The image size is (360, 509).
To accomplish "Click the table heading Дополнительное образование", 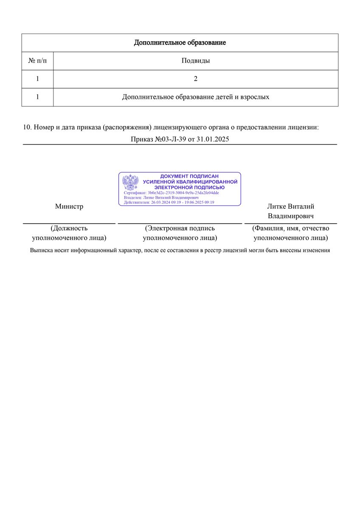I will pos(180,42).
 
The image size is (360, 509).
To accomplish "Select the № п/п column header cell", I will pos(37,61).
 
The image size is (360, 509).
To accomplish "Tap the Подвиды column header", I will pos(196,61).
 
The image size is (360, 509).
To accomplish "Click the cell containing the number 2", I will pos(196,79).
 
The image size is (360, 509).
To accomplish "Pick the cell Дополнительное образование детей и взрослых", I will pos(196,97).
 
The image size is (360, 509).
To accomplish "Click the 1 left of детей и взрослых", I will pos(37,97).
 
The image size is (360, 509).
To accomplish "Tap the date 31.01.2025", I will pos(213,139).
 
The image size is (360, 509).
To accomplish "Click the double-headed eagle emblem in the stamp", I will pos(131,182).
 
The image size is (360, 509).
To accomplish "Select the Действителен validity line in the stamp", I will pos(169,202).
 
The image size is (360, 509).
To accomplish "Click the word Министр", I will pos(69,207).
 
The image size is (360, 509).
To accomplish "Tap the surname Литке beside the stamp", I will pos(276,207).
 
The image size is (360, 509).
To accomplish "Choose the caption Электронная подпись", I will pos(180,229).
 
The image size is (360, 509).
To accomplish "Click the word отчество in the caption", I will pos(315,229).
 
